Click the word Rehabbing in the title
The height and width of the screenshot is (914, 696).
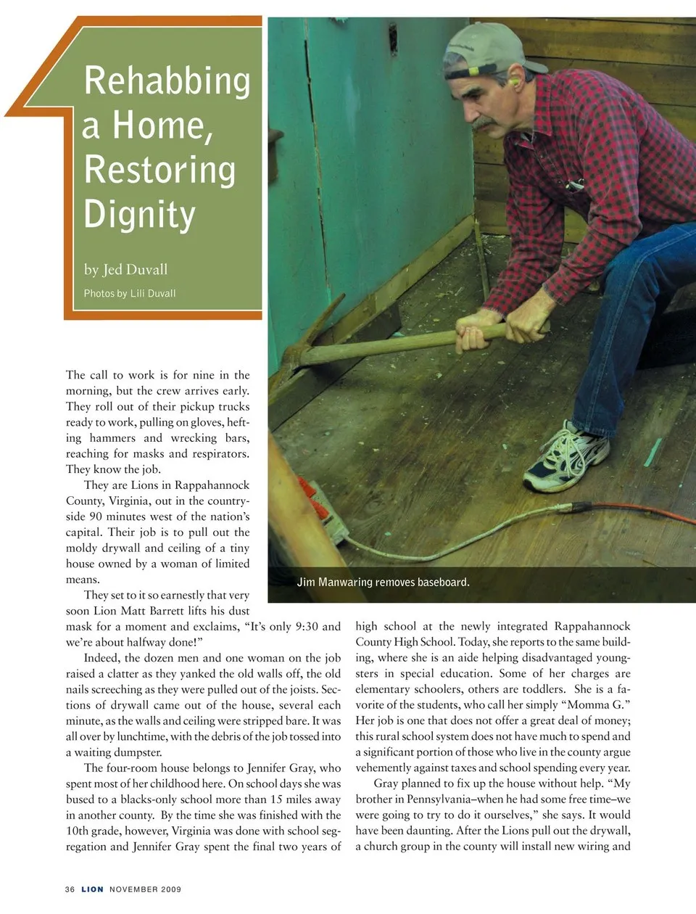167,81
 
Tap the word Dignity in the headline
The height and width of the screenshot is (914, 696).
140,215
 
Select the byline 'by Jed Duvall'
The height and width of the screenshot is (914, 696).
125,270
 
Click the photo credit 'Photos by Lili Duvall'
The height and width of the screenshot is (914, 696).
130,294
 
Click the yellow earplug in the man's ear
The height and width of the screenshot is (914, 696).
515,82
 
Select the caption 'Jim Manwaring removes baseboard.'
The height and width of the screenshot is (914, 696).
383,582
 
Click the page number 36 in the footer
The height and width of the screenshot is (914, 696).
70,889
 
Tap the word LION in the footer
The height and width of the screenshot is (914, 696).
92,889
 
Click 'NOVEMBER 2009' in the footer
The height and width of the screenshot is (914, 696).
145,889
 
